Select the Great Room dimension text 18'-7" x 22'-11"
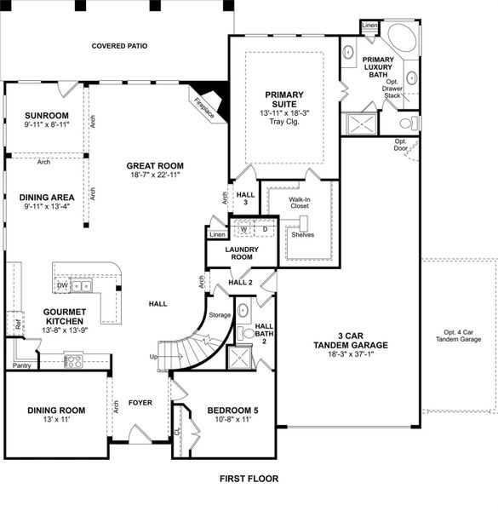coord(155,175)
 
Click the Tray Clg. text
coord(284,122)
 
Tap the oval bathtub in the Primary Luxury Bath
coord(397,40)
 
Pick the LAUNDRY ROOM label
coord(242,253)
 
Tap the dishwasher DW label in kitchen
coord(63,285)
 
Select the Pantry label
coord(21,365)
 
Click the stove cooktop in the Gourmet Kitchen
coord(74,360)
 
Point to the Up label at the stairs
coord(154,356)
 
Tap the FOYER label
coord(140,402)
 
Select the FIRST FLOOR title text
coord(249,479)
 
